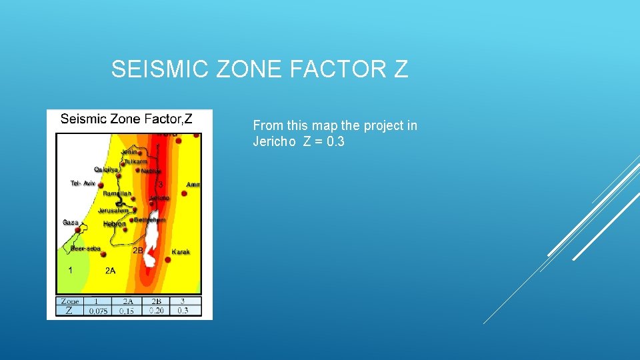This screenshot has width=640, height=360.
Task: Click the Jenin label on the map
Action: coord(129,152)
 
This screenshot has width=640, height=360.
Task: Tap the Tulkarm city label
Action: coord(136,161)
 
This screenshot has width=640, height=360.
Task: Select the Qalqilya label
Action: coord(106,169)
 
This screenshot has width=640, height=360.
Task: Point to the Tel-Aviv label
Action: coord(83,183)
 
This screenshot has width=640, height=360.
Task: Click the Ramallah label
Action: coord(117,193)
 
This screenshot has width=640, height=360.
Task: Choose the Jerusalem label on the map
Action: coord(113,211)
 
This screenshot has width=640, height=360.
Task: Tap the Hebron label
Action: coord(114,224)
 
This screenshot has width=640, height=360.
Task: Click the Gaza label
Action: coord(70,223)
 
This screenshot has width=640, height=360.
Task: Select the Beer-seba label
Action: coord(85,249)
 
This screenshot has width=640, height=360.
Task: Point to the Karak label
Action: coord(181,252)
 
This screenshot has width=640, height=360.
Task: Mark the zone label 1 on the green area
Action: coord(70,271)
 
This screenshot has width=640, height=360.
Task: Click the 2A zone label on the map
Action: coord(110,271)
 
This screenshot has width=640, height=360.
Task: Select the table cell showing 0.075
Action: coord(98,311)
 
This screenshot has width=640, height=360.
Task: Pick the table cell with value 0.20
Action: coord(156,311)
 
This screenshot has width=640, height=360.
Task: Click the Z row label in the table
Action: coord(69,311)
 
